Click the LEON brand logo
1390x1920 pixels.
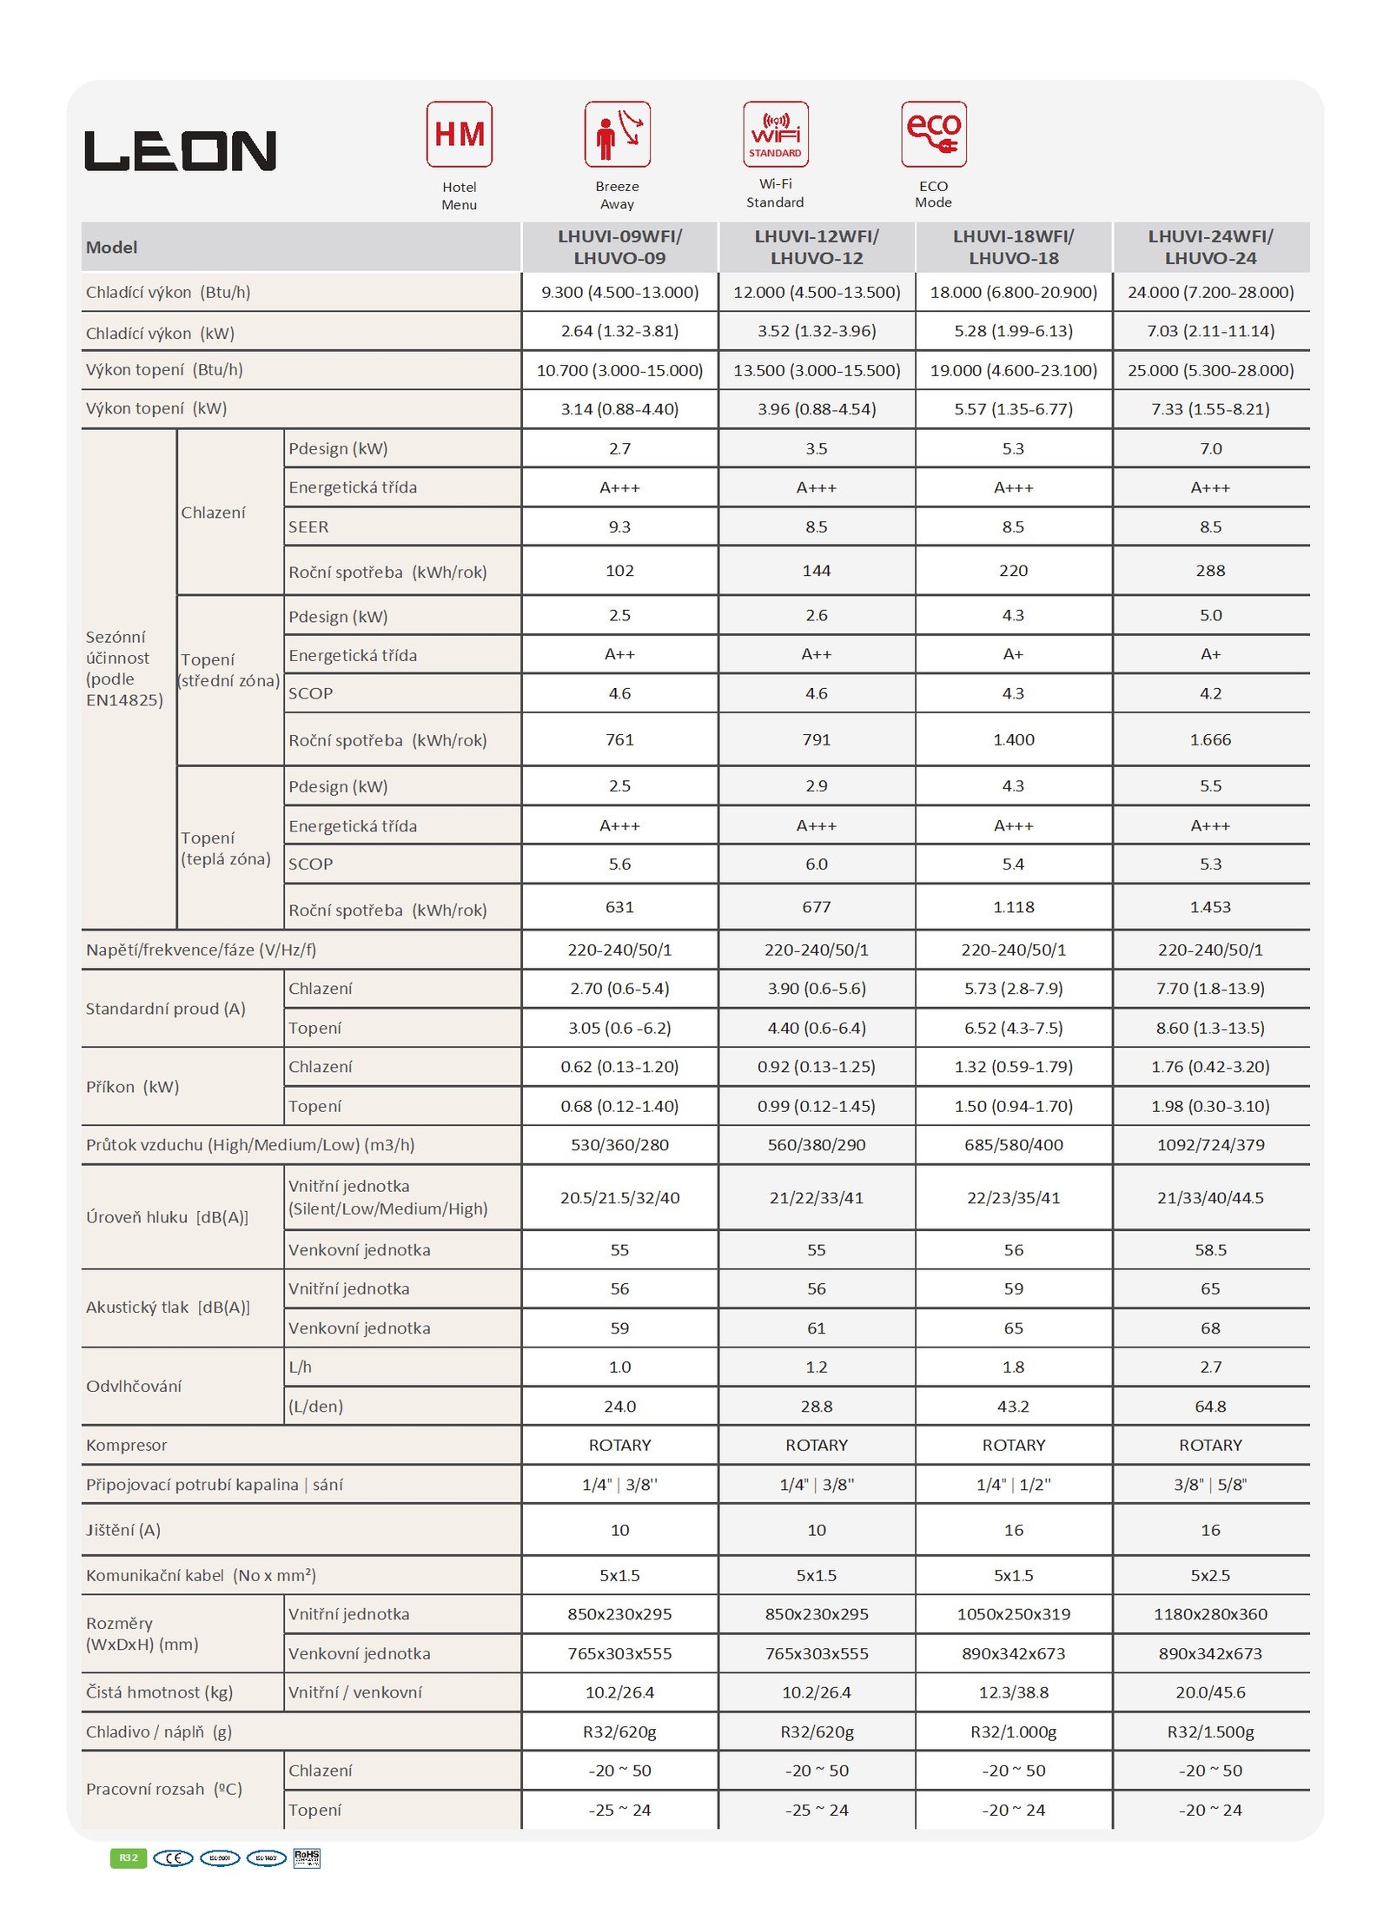180,151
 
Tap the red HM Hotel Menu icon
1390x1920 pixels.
459,135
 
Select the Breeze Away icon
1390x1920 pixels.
617,135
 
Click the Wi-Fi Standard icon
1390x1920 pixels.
775,135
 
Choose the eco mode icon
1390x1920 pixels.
933,135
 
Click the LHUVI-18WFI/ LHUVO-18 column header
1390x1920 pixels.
1013,247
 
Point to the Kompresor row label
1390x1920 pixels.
127,1445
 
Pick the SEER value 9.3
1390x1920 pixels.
619,526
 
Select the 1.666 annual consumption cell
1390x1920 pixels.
1210,739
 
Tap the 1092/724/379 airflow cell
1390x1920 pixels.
1210,1144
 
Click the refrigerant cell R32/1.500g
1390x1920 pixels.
1210,1731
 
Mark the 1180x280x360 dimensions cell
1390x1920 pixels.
1210,1613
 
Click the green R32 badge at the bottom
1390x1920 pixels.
129,1857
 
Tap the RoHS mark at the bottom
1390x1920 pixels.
307,1857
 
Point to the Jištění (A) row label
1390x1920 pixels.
123,1530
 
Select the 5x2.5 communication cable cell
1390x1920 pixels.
1210,1575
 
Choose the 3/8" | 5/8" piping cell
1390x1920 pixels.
1210,1485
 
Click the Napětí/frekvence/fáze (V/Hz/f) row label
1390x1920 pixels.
201,950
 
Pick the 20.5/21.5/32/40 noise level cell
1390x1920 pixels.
619,1197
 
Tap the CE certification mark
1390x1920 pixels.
173,1857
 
